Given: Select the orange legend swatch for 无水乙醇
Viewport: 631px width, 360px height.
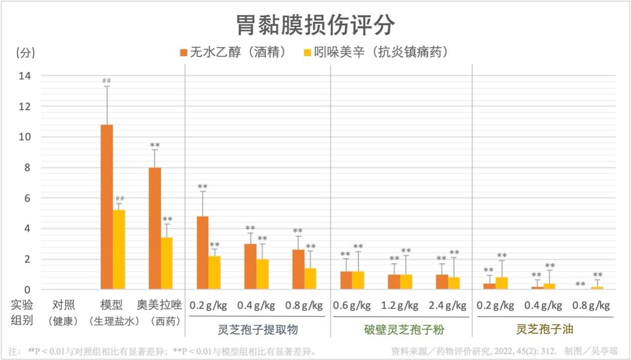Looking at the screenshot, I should point(183,52).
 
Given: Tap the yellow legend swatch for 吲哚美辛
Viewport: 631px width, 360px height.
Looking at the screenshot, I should point(307,52).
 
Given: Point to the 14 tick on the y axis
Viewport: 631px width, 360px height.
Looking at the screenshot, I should point(24,76).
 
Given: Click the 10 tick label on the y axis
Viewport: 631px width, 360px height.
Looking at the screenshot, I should point(24,137).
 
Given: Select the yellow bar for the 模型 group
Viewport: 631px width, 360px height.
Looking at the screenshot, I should point(119,250).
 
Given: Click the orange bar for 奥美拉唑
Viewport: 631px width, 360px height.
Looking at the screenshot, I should point(155,228).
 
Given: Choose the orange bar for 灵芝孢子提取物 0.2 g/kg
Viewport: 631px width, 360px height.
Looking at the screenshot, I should point(203,253).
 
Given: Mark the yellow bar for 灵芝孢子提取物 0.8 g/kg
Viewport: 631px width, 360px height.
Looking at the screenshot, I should point(310,279).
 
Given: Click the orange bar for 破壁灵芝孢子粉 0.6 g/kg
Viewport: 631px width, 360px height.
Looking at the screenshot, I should point(346,280).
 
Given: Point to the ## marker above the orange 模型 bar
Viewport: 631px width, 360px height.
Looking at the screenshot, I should point(106,81).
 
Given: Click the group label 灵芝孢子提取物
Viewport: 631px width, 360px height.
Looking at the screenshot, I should point(258,329).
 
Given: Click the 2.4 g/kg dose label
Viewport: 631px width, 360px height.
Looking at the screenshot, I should point(449,305).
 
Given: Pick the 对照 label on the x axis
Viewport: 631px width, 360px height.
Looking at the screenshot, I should point(64,305).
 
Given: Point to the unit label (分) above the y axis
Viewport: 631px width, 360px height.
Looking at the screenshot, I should point(26,53).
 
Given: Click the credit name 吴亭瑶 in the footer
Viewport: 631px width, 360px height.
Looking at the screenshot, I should point(605,351).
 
